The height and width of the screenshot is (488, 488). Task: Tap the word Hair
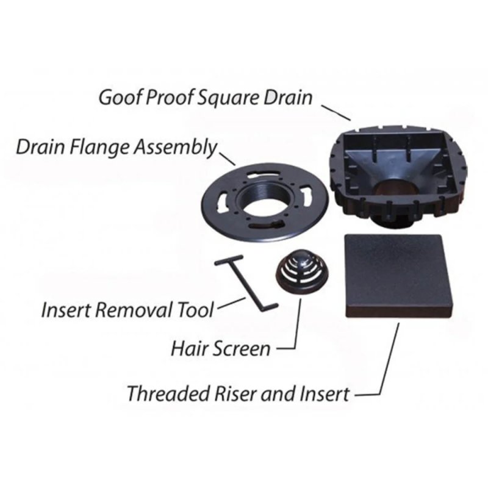click(186, 349)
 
